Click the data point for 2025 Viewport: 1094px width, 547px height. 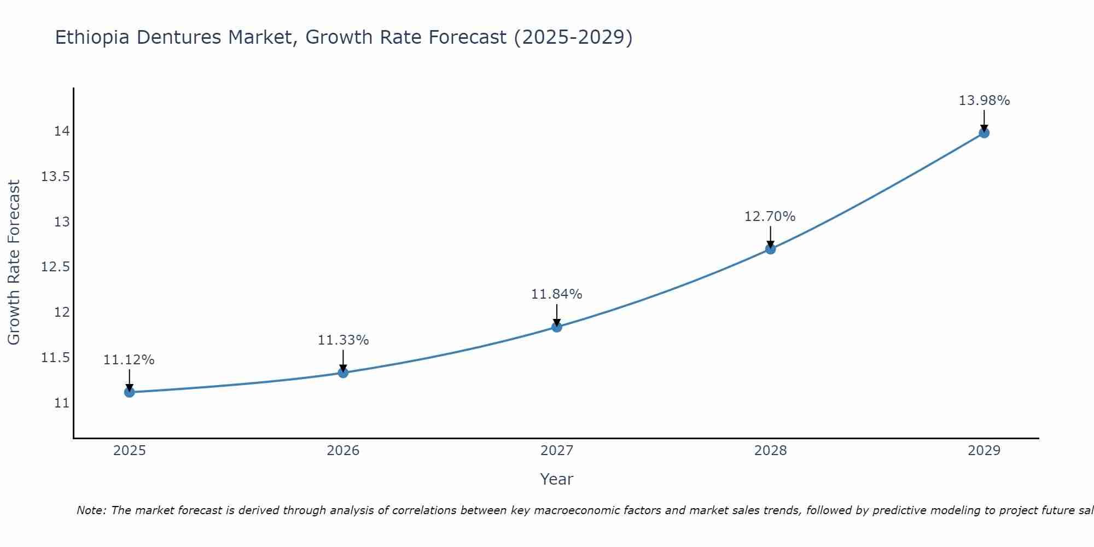tap(130, 392)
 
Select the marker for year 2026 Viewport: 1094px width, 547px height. tap(343, 373)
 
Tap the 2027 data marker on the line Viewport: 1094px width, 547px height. tap(557, 327)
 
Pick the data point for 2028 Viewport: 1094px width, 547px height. tap(770, 249)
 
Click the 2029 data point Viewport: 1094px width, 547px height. tap(984, 132)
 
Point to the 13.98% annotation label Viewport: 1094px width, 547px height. tap(984, 101)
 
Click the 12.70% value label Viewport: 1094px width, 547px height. tap(770, 217)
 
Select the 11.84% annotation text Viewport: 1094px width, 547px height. tap(556, 294)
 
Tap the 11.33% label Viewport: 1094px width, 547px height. tap(343, 340)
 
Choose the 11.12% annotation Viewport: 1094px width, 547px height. tap(129, 360)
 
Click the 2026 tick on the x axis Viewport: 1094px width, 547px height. tap(343, 451)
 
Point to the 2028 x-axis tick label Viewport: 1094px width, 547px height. tap(770, 451)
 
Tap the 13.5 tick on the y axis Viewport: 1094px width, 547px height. tap(55, 177)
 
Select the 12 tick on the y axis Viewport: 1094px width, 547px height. tap(61, 312)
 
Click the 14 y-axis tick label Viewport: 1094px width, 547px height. tap(61, 131)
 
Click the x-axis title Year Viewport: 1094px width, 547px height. tap(556, 479)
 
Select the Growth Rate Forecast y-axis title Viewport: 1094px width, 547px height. tap(14, 263)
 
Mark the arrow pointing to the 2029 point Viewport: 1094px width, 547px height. tap(984, 120)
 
